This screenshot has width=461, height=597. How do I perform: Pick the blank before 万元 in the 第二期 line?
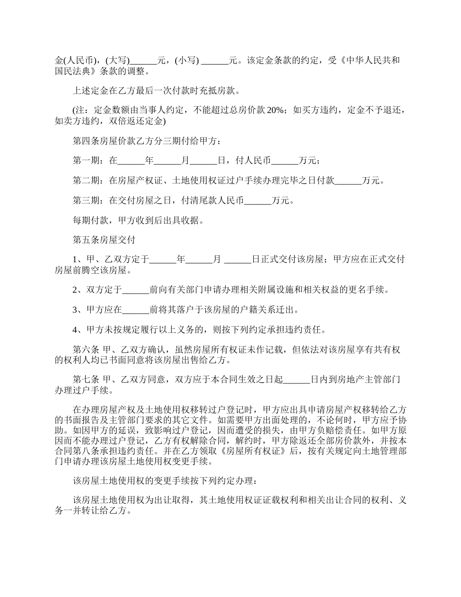click(348, 181)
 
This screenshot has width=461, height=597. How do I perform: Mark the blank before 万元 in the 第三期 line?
click(258, 200)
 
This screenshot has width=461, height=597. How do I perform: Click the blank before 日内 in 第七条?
click(296, 379)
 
